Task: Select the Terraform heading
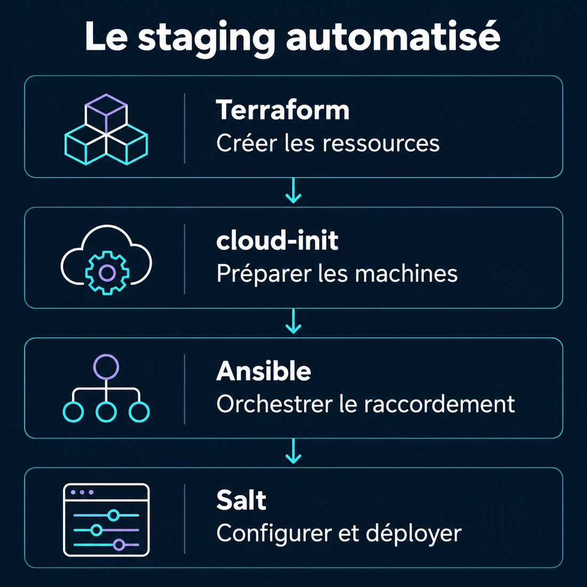pos(283,110)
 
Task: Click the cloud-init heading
pos(277,240)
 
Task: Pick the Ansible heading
pos(264,371)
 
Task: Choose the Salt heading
pos(241,500)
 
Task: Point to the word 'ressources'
pos(380,145)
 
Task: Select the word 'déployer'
pos(413,534)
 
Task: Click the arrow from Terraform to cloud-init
pos(293,191)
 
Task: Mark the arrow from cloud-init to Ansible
pos(293,321)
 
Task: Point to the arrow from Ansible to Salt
pos(293,451)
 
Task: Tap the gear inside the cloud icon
pos(107,273)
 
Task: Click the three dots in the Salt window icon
pos(82,493)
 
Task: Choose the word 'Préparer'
pos(264,274)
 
